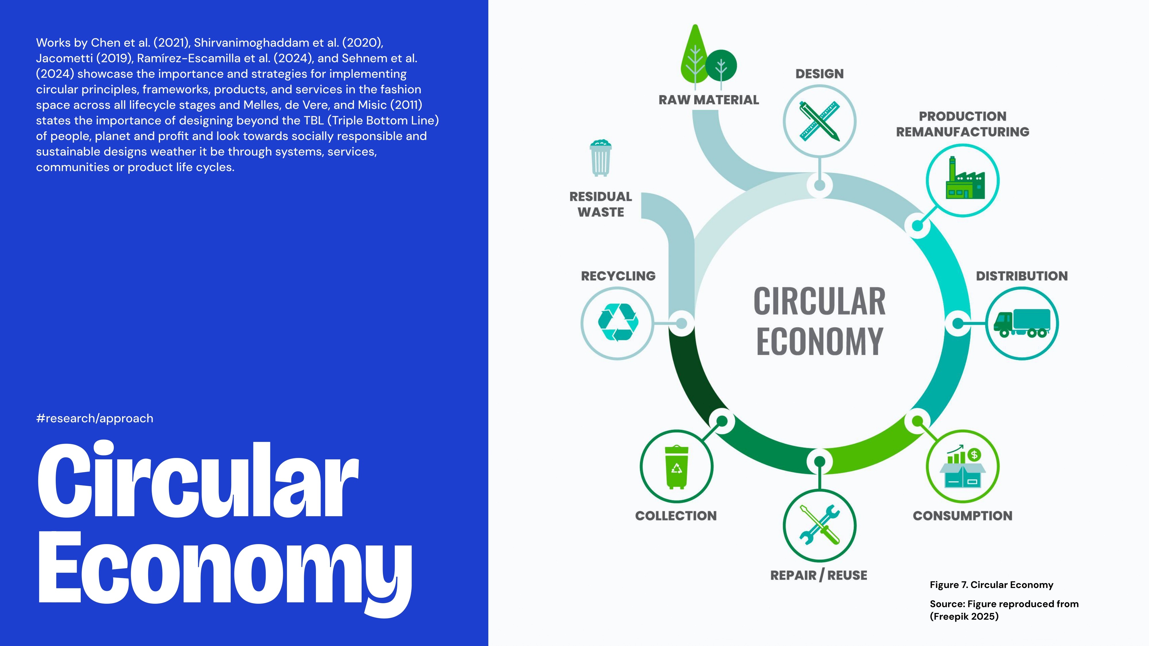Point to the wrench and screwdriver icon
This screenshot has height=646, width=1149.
819,525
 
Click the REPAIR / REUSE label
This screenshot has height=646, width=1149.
819,575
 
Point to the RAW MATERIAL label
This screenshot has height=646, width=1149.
709,100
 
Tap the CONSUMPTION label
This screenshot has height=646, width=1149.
963,516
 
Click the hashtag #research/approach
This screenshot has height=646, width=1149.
95,418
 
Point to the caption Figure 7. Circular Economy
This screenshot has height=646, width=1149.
991,585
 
